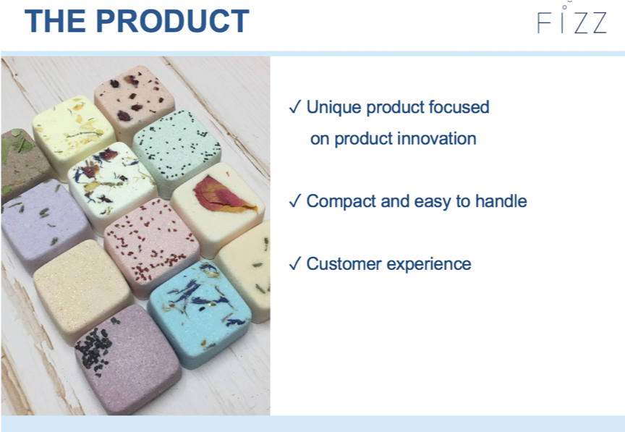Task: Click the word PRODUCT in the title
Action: (x=173, y=21)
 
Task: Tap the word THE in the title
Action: (x=55, y=21)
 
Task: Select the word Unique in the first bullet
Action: (x=333, y=107)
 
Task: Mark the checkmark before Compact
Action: (x=294, y=201)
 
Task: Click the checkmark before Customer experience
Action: (x=294, y=263)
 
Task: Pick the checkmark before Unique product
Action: (x=294, y=107)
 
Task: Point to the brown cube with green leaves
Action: (x=21, y=164)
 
